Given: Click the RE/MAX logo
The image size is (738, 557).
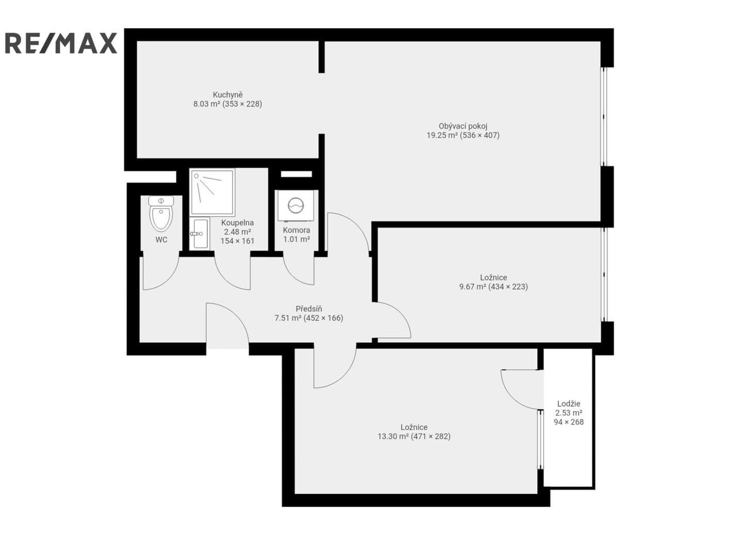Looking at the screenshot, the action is (x=61, y=43).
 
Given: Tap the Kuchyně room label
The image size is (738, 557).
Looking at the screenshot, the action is (x=227, y=95).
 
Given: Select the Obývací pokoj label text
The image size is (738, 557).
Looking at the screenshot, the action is (x=463, y=126).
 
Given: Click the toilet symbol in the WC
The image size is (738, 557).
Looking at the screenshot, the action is (x=161, y=214).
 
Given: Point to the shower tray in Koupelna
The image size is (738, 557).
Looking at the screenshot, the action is (x=212, y=192).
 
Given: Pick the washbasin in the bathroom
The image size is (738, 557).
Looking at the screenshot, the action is (x=200, y=233).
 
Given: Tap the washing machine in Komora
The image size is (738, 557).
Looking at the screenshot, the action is (x=296, y=205).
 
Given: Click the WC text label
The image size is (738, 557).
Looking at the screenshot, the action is (x=161, y=240).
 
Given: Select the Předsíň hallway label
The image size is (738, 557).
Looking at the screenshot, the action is (x=308, y=308).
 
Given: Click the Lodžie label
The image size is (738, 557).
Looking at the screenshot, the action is (x=568, y=404).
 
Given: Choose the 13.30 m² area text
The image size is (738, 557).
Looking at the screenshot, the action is (x=393, y=436).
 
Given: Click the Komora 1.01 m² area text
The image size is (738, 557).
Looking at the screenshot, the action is (x=296, y=239).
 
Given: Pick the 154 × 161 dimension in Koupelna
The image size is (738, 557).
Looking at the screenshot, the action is (x=237, y=241).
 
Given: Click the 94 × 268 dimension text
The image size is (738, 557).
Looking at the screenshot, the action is (x=568, y=422).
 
